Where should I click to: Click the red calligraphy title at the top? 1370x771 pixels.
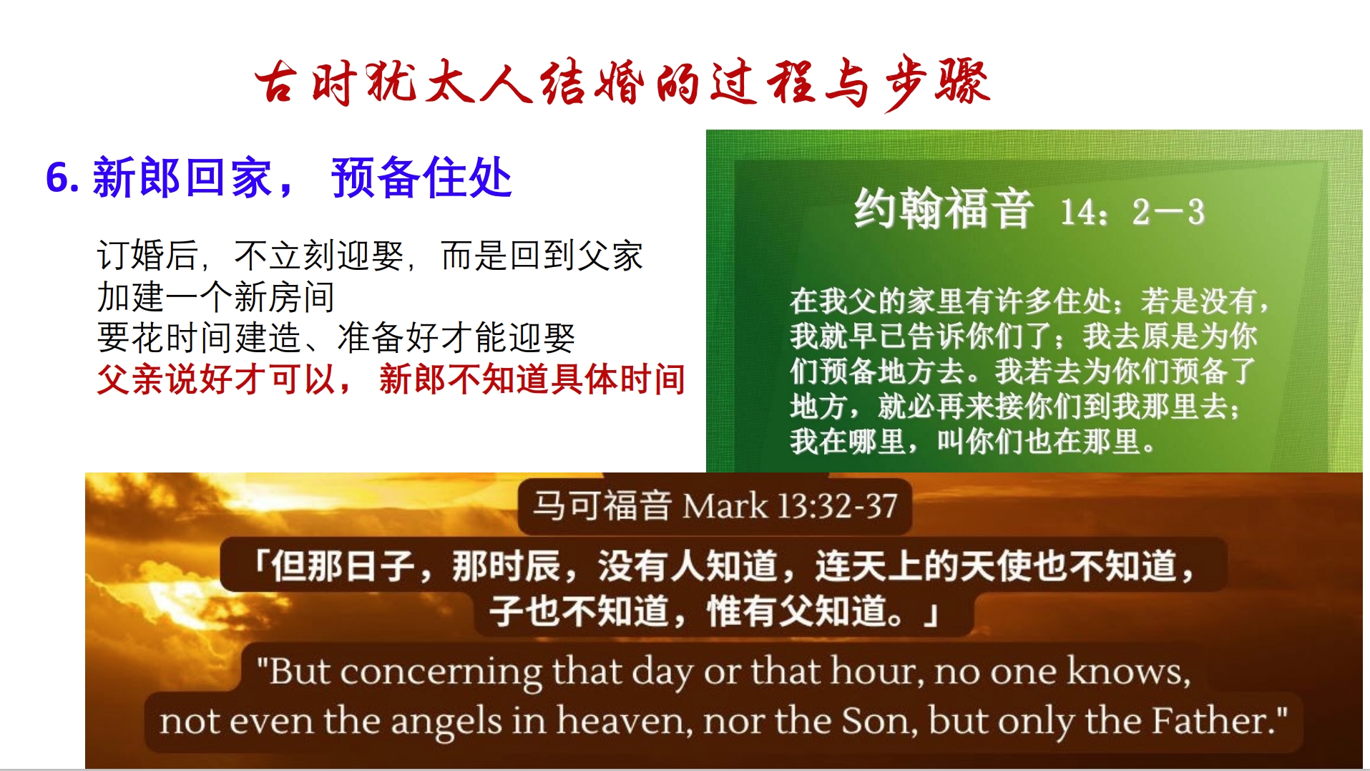click(622, 82)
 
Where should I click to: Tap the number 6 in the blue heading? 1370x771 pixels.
click(58, 178)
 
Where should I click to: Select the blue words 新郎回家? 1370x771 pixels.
click(183, 178)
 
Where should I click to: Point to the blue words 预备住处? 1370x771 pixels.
click(421, 178)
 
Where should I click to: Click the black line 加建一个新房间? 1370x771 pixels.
click(216, 296)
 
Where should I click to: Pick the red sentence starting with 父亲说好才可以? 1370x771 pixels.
click(391, 379)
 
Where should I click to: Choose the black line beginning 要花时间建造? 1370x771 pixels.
click(336, 337)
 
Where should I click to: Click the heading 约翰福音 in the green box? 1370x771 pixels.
click(944, 208)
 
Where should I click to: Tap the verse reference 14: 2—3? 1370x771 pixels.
click(1132, 212)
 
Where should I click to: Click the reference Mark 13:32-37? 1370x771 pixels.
click(790, 506)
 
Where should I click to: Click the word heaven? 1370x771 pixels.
click(621, 720)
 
